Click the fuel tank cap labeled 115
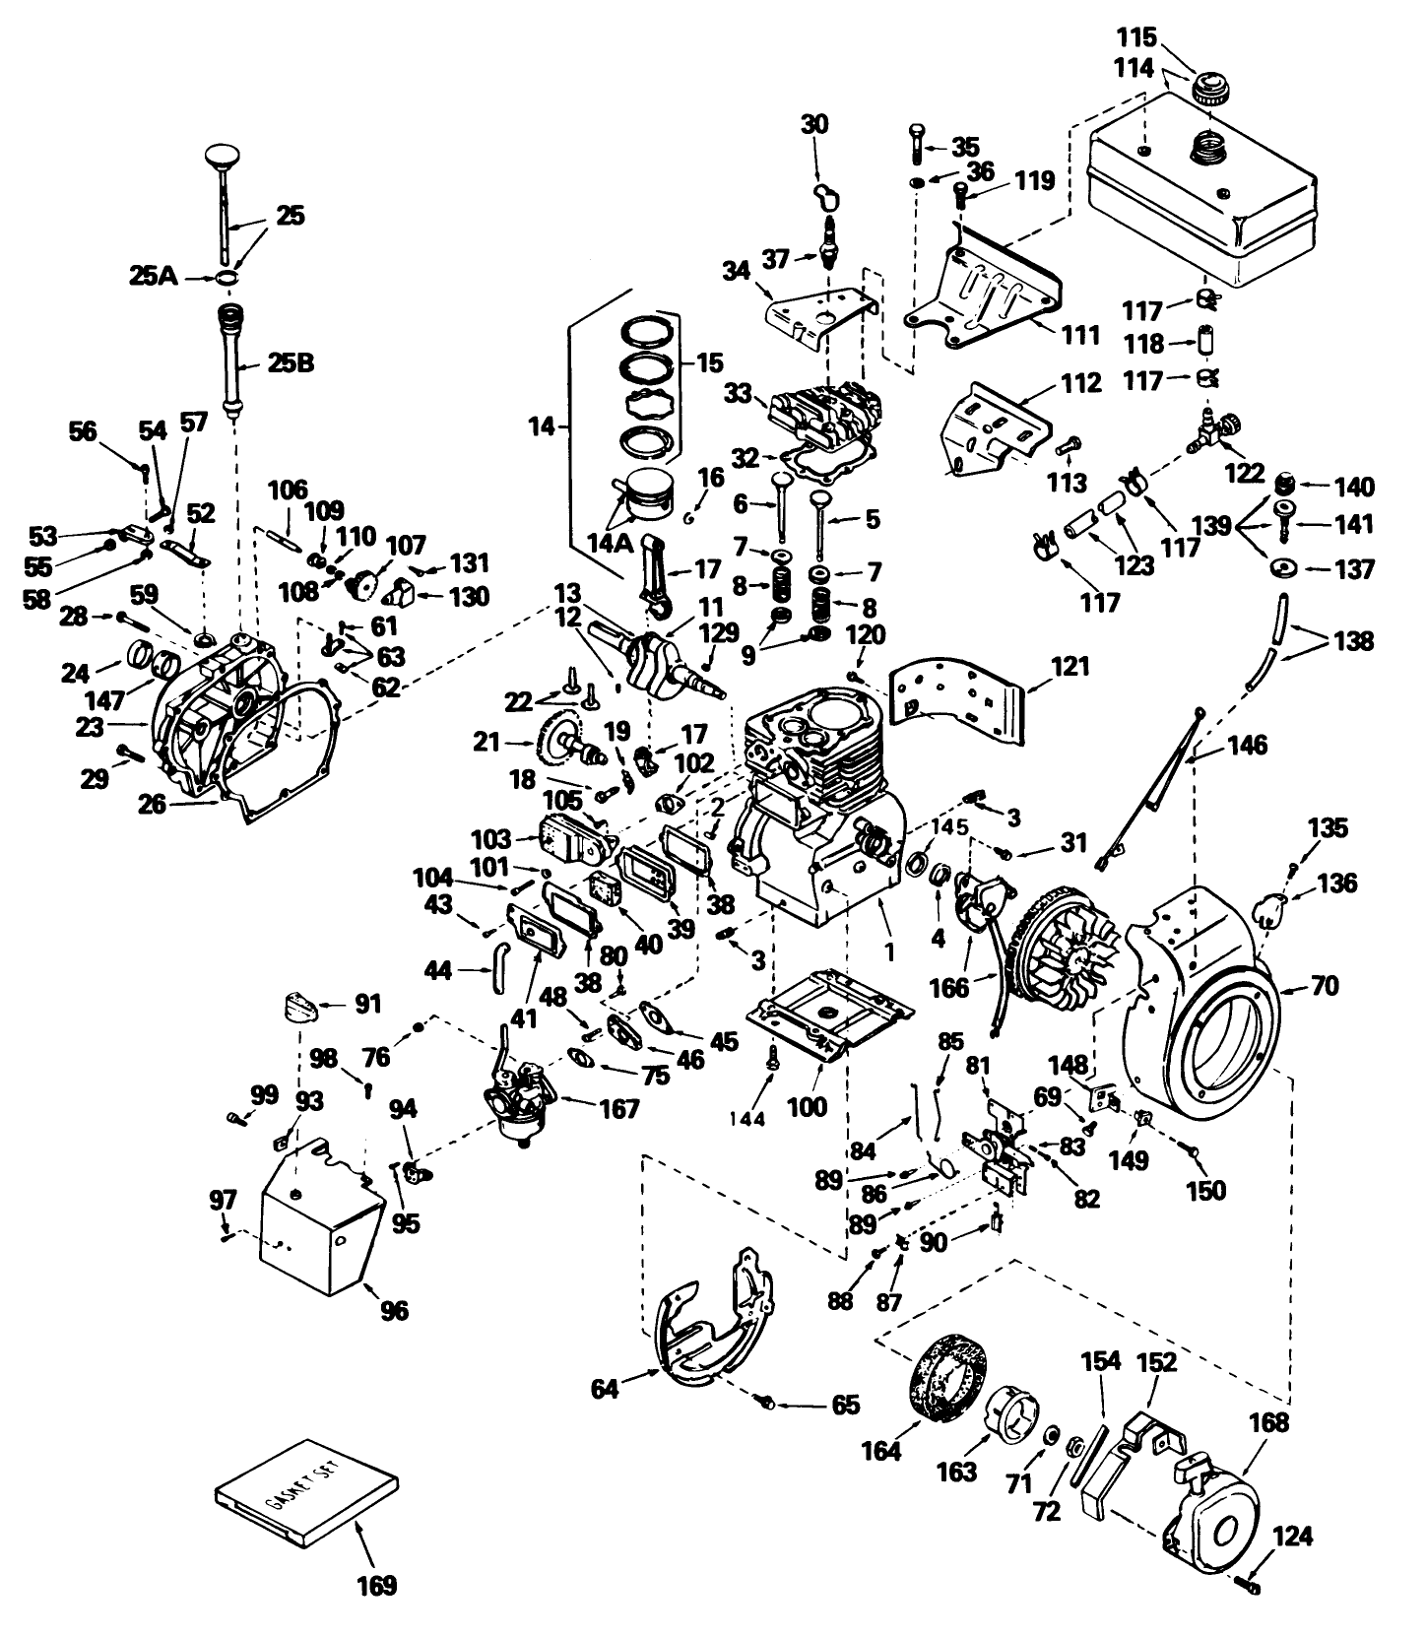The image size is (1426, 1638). click(x=1207, y=90)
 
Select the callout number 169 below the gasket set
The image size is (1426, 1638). click(x=375, y=1585)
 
